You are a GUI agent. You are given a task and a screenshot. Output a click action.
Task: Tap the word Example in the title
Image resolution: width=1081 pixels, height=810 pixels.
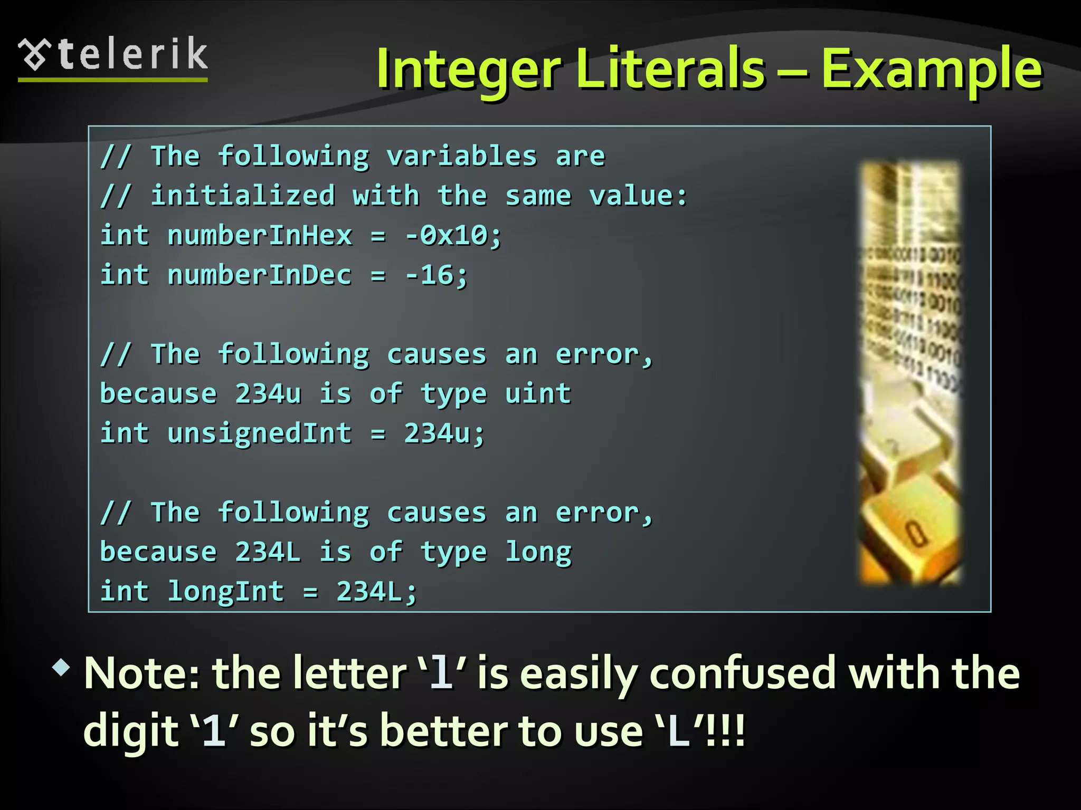pos(931,69)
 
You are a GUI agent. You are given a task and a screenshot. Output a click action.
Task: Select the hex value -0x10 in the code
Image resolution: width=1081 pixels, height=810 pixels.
pos(453,235)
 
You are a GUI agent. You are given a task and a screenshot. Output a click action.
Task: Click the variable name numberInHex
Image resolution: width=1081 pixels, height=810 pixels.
pos(260,235)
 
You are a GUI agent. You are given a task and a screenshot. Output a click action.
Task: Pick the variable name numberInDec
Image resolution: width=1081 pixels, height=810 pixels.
pos(260,275)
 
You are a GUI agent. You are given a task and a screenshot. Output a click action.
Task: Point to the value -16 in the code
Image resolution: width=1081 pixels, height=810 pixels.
pos(436,275)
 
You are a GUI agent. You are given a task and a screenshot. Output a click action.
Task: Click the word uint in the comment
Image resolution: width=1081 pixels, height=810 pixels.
pos(538,393)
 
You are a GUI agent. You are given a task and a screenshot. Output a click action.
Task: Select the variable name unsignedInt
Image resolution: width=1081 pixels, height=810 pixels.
pos(260,433)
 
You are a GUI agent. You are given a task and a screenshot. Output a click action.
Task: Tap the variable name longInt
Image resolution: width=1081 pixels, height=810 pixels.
pos(226,591)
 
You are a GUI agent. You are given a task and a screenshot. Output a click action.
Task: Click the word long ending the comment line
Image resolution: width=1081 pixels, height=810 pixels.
pos(538,552)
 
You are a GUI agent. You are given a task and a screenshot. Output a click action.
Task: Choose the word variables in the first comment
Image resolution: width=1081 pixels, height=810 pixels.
pos(462,156)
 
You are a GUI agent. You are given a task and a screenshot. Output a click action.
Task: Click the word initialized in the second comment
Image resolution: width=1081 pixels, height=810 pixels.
pos(243,196)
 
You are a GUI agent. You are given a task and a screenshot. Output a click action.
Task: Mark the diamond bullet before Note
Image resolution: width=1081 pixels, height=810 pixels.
pos(61,668)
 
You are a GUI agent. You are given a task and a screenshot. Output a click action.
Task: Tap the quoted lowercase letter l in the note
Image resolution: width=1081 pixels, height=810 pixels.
pos(441,673)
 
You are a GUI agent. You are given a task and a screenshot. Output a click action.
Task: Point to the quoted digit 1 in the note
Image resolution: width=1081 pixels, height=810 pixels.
pos(214,731)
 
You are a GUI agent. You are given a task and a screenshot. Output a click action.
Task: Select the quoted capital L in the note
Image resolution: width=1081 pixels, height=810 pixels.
pos(679,731)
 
